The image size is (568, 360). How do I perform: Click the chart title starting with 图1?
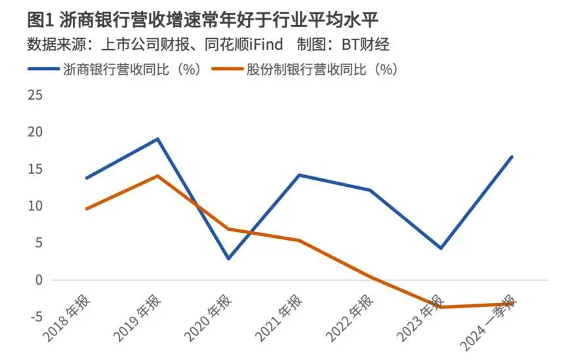pyautogui.click(x=204, y=19)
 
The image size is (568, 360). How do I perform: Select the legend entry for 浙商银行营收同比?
pyautogui.click(x=131, y=69)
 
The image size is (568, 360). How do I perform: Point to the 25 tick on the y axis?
pyautogui.click(x=34, y=96)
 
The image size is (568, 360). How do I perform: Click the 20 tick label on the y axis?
pyautogui.click(x=34, y=132)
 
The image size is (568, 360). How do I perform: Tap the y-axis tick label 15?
pyautogui.click(x=34, y=169)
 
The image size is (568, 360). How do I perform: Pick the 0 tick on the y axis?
pyautogui.click(x=38, y=280)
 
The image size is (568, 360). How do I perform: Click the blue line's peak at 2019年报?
pyautogui.click(x=157, y=138)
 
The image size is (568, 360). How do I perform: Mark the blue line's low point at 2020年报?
pyautogui.click(x=229, y=258)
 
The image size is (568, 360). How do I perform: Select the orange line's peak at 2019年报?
pyautogui.click(x=157, y=175)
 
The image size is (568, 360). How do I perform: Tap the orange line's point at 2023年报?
pyautogui.click(x=441, y=307)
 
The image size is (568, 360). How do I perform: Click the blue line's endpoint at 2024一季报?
pyautogui.click(x=512, y=157)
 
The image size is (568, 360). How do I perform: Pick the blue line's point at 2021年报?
pyautogui.click(x=299, y=174)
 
